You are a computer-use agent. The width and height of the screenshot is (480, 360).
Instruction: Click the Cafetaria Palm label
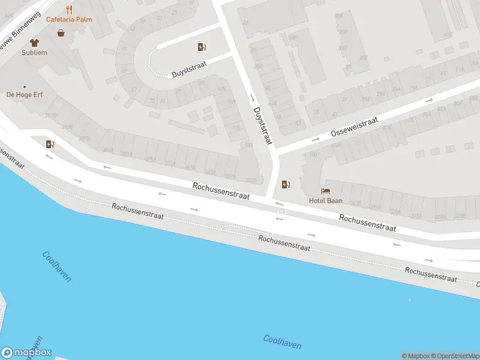point(69,19)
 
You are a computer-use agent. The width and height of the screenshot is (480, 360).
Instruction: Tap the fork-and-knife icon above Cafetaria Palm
point(69,9)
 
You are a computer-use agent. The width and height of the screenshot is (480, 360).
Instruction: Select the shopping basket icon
point(61,33)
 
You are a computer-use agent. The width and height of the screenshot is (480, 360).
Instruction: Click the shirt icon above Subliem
point(34,43)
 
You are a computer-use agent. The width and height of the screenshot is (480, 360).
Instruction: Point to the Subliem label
point(34,53)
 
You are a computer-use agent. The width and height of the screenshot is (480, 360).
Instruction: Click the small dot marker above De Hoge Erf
point(25,86)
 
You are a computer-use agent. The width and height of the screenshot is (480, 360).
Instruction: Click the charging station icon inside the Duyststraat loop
point(202,47)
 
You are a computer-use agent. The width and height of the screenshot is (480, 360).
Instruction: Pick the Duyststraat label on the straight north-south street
point(263,126)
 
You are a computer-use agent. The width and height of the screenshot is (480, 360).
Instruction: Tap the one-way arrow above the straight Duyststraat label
point(253,98)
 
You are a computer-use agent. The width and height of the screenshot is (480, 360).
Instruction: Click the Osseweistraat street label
point(354,127)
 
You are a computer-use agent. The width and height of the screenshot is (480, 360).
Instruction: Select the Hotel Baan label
point(325,200)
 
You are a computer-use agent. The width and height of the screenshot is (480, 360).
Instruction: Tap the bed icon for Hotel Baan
point(325,191)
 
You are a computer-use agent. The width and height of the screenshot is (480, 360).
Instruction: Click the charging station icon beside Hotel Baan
point(286,184)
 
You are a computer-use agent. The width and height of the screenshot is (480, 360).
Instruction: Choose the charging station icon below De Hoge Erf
point(49,143)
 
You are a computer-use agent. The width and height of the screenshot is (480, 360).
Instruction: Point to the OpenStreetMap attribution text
point(454,356)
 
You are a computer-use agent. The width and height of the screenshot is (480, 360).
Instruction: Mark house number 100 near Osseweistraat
point(313,155)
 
